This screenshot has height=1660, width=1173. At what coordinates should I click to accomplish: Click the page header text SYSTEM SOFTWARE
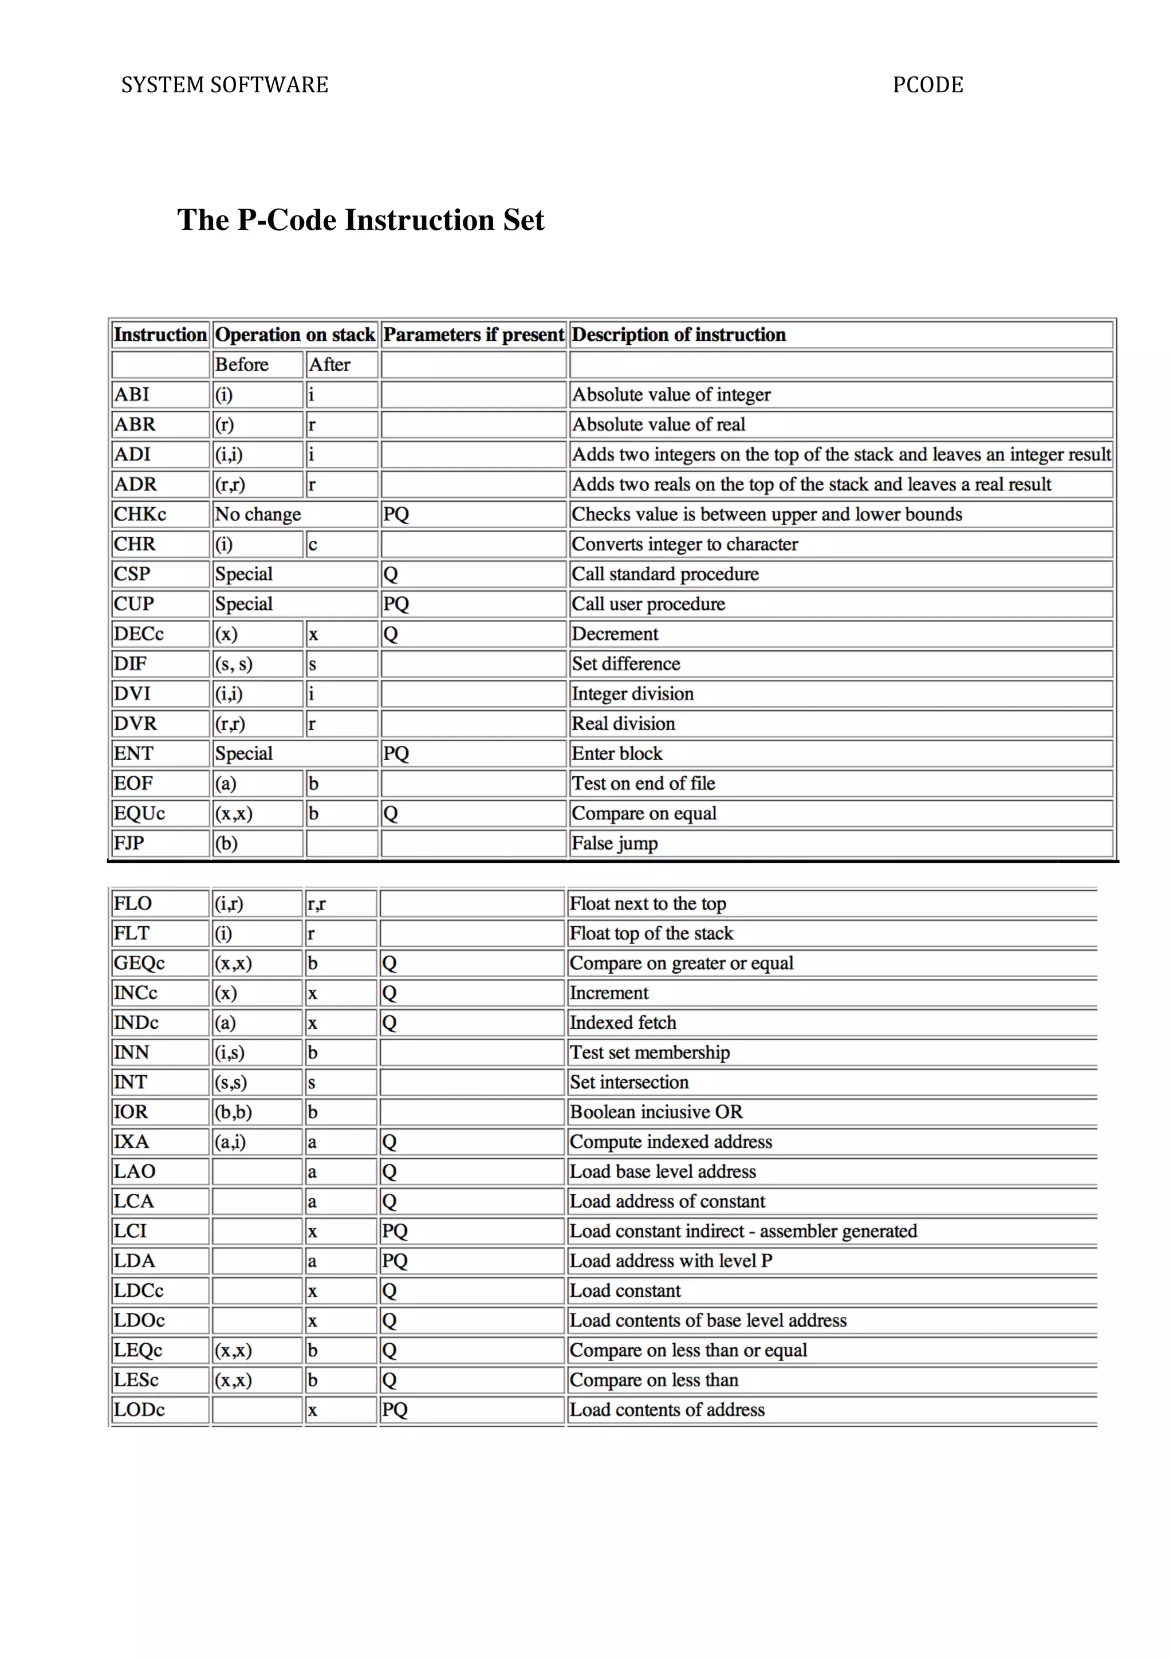coord(225,85)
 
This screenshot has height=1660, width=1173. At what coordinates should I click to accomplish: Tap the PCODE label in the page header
coord(927,85)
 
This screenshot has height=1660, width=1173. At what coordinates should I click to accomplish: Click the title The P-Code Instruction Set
coord(361,220)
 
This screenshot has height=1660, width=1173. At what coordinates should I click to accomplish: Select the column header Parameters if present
coord(474,335)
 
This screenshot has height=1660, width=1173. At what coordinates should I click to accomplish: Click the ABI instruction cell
coord(132,395)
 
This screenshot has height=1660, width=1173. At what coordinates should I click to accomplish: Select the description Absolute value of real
coord(659,424)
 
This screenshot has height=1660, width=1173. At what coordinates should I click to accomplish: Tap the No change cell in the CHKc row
coord(258,514)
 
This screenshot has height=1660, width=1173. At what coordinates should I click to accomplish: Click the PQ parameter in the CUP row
coord(396,604)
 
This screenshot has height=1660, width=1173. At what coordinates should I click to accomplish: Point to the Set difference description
coord(626,664)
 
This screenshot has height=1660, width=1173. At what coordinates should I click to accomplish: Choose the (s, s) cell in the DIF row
coord(234,664)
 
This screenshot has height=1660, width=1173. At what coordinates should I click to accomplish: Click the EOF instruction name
coord(133,783)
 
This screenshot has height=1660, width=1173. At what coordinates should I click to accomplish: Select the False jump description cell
coord(615,843)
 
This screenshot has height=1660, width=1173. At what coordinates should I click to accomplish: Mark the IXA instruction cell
coord(132,1142)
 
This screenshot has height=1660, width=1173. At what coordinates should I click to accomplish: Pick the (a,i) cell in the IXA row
coord(231,1142)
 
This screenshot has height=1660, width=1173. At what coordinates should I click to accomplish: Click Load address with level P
coord(671,1261)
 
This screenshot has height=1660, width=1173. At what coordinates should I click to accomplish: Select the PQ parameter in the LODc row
coord(395,1410)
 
